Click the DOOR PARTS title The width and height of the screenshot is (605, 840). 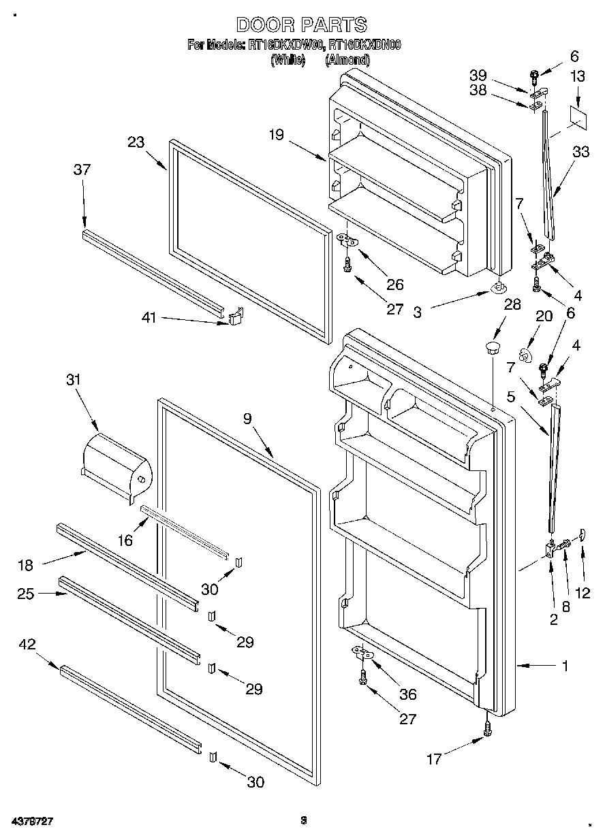coord(301,25)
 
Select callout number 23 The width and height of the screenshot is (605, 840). coord(136,142)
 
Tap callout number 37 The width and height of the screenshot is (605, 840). coord(82,169)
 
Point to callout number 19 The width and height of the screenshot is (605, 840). coord(276,135)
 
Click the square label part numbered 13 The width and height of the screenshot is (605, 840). coord(578,116)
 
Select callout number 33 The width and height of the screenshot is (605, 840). coord(580,153)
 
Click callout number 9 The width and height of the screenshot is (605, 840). coord(247,419)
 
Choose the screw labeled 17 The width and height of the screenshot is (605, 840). coord(486,729)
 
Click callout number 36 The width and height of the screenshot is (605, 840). coord(408,694)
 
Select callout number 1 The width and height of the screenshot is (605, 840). coord(565,666)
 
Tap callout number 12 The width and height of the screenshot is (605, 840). coord(583,592)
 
